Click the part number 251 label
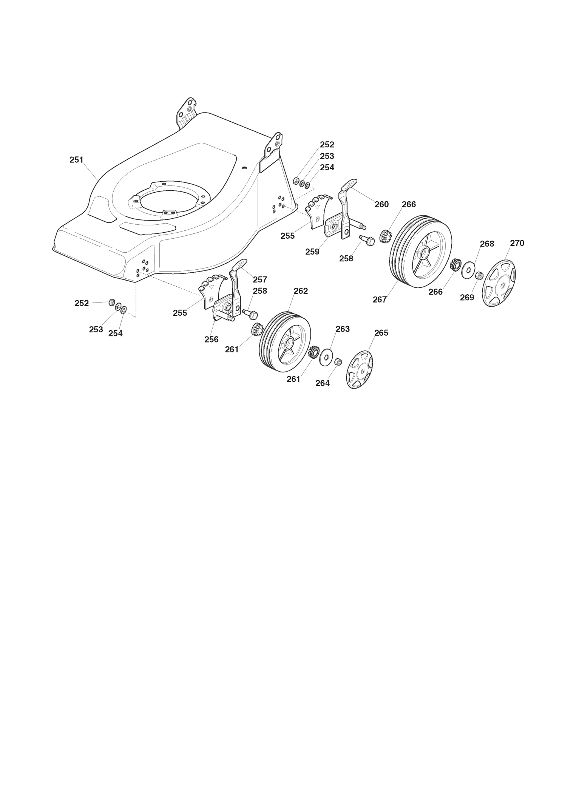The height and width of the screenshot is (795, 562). coord(76,160)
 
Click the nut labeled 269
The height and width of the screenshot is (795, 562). coord(479,275)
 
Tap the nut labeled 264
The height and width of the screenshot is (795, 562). coord(338,362)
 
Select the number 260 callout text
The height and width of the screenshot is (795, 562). coord(381,204)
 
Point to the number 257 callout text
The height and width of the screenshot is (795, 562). coord(260,279)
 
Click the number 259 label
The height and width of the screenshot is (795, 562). coord(312,252)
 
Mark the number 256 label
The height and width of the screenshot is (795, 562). coord(212,339)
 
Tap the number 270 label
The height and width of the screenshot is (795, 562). coord(517,243)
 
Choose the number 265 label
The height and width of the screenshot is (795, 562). coord(381,333)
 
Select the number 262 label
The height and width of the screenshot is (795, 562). coord(301,291)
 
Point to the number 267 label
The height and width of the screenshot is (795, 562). coord(380,299)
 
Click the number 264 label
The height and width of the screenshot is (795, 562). coord(323,383)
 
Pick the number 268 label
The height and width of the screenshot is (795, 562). coord(487,244)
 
